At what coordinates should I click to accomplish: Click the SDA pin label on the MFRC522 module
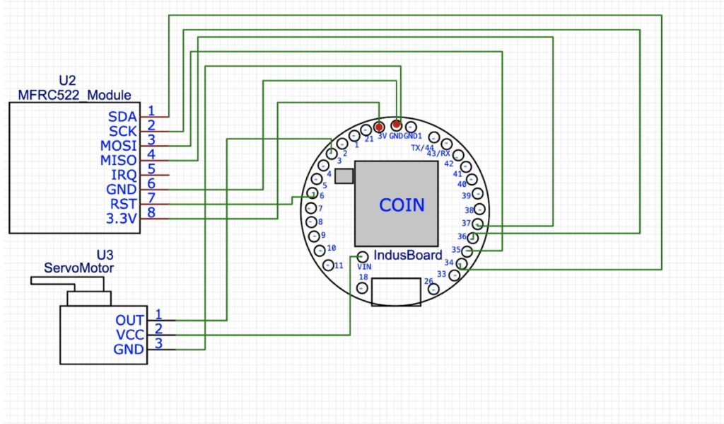point(123,116)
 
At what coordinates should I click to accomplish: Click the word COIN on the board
point(402,205)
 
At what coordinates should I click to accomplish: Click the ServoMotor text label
point(78,268)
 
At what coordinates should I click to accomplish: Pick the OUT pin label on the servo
point(130,320)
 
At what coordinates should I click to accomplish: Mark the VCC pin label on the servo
point(129,335)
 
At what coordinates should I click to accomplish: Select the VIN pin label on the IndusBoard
point(365,266)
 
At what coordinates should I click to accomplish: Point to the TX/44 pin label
point(422,148)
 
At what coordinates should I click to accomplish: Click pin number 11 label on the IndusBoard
point(339,265)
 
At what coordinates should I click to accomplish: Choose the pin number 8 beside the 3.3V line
point(151,212)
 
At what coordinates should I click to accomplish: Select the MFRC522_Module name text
point(74,96)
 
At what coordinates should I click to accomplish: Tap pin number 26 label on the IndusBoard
point(428,281)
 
